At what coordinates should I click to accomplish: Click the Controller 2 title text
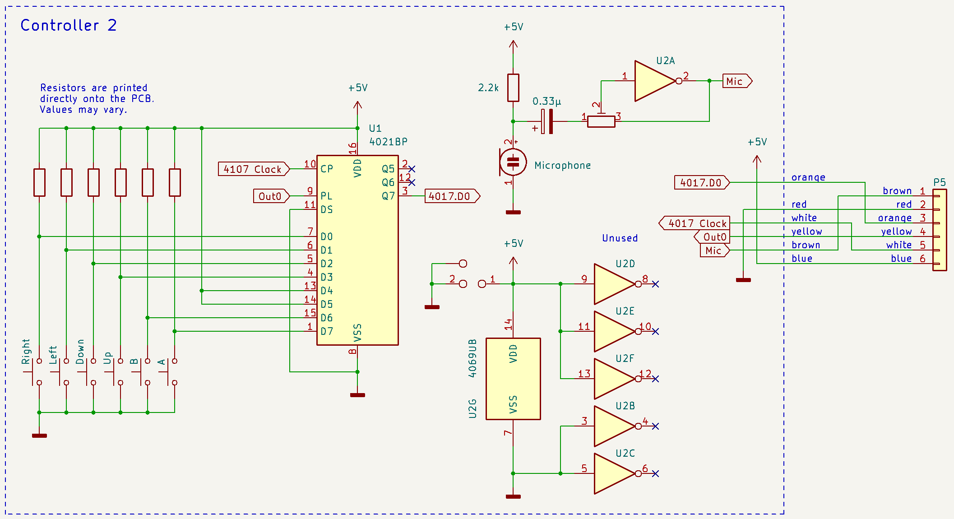tap(69, 25)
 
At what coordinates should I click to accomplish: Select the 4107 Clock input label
tap(254, 169)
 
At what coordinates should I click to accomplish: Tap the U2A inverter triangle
tap(655, 81)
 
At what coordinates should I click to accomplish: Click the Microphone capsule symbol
tap(513, 162)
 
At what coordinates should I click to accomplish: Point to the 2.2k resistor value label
tap(488, 88)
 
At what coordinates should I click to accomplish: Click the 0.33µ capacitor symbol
tap(546, 121)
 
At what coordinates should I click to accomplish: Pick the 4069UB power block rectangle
tap(513, 379)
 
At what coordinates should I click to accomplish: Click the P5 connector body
tap(940, 230)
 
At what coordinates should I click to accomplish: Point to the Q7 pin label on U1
tap(388, 196)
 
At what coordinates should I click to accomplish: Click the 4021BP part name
tap(388, 142)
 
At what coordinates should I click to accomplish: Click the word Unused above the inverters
tap(620, 238)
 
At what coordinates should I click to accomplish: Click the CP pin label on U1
tap(327, 169)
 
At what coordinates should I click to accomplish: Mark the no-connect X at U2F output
tap(656, 379)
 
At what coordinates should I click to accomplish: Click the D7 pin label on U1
tap(327, 332)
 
